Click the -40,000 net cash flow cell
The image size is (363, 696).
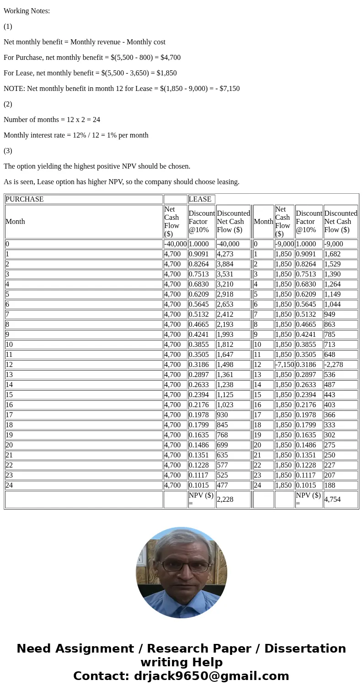175,244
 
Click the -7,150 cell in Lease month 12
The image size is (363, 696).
284,365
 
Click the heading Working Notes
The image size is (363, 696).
27,11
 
